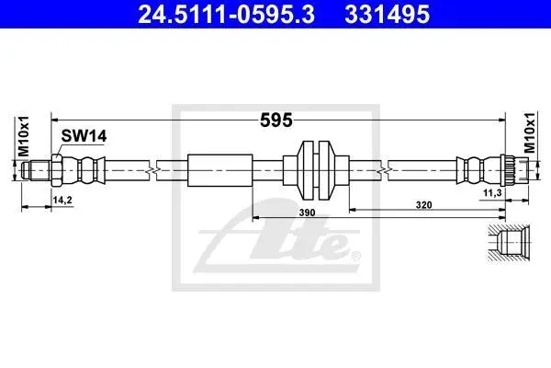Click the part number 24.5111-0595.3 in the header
pyautogui.click(x=226, y=14)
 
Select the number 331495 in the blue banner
pyautogui.click(x=387, y=14)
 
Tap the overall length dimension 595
pyautogui.click(x=275, y=121)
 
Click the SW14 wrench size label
pyautogui.click(x=84, y=136)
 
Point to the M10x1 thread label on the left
pyautogui.click(x=24, y=136)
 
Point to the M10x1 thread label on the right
pyautogui.click(x=529, y=132)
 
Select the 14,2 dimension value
pyautogui.click(x=62, y=200)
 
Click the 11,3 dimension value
pyautogui.click(x=492, y=192)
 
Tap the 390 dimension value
pyautogui.click(x=307, y=213)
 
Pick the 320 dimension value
pyautogui.click(x=423, y=204)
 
